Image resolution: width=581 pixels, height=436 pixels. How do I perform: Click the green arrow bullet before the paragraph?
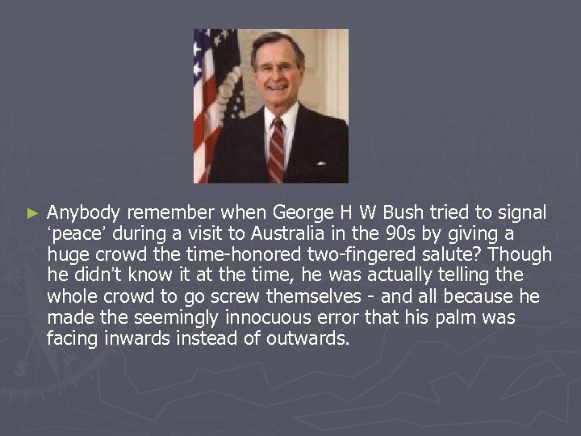[x=32, y=214]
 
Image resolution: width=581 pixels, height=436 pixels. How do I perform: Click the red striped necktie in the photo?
[x=277, y=150]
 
